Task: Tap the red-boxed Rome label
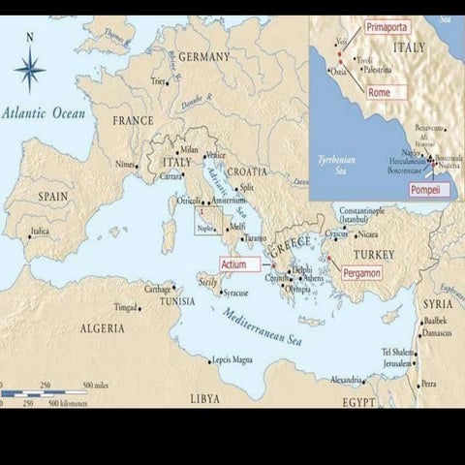point(380,92)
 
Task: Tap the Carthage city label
point(157,288)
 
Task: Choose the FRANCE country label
point(134,121)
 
